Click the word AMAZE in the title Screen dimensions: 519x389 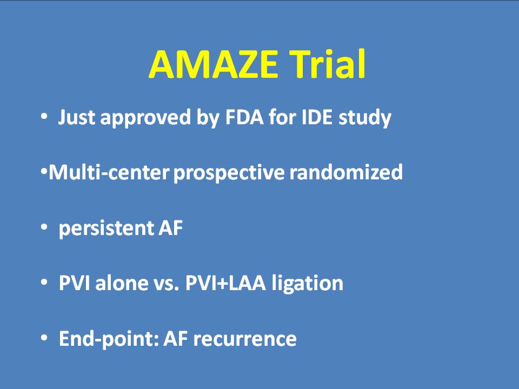pos(214,64)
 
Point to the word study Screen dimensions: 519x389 pos(365,118)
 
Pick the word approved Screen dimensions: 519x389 pos(145,118)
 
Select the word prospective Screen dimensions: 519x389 pos(229,173)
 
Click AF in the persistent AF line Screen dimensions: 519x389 pos(171,228)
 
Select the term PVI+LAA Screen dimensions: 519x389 pos(226,283)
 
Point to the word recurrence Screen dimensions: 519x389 pos(244,340)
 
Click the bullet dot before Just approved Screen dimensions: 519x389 pos(44,117)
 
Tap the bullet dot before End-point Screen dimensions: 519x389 pos(44,338)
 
